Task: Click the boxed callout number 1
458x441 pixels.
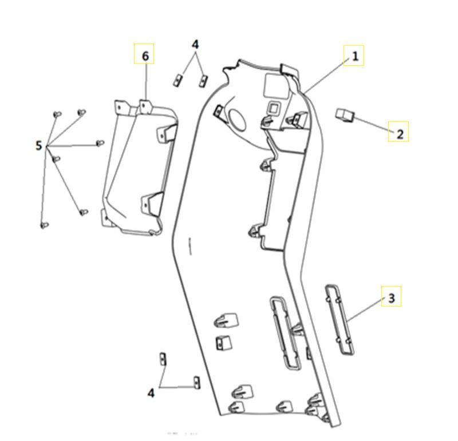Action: tap(354, 55)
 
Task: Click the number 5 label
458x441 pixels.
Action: tap(39, 146)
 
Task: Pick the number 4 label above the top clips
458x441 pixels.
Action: tap(195, 44)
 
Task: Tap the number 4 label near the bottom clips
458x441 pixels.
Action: tap(151, 393)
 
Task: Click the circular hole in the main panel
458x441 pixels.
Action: tap(237, 118)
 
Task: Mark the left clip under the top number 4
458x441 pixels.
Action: tap(177, 80)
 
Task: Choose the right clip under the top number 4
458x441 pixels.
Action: tap(202, 81)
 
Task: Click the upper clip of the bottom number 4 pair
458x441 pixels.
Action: tap(162, 359)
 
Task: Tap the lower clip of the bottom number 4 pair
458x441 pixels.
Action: tap(196, 382)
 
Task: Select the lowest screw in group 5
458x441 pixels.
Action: tap(44, 225)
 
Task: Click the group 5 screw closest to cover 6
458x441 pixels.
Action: tap(100, 142)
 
